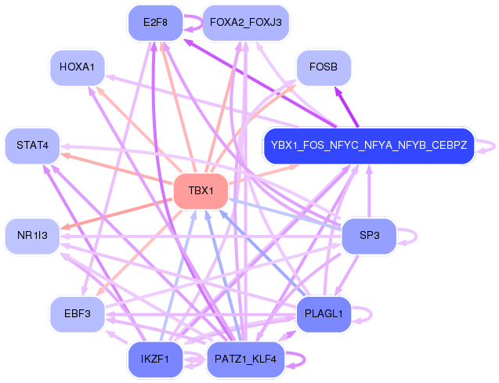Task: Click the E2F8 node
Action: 156,23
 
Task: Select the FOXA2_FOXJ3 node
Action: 246,23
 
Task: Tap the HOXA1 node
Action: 78,67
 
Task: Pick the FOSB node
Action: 324,67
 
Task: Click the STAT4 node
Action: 32,146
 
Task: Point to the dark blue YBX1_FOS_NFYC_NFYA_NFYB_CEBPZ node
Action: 369,146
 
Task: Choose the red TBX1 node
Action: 201,191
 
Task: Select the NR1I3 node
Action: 32,236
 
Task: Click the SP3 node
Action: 369,236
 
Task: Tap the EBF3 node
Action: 78,314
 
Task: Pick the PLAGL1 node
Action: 324,314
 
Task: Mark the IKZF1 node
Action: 156,360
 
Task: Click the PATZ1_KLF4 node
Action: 246,360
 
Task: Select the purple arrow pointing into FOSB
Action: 347,107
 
